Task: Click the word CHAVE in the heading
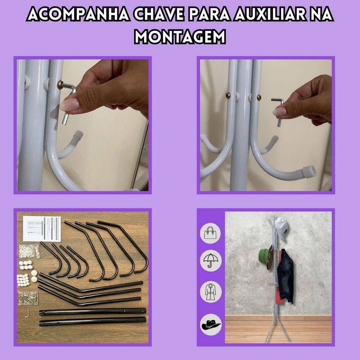[159, 15]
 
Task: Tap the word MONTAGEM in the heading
[180, 36]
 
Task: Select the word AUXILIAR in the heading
[270, 15]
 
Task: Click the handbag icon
[210, 233]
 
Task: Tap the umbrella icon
[210, 261]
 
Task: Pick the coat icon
[210, 292]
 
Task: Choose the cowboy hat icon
[211, 324]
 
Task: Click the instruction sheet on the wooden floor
[42, 229]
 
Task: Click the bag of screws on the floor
[28, 298]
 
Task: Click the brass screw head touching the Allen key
[61, 84]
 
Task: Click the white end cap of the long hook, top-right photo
[309, 171]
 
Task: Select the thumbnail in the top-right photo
[279, 112]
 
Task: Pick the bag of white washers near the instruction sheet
[29, 251]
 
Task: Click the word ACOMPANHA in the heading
[78, 15]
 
